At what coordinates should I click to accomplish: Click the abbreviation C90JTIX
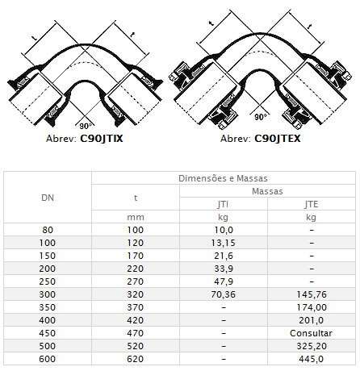[102, 139]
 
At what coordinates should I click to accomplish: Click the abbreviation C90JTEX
[278, 139]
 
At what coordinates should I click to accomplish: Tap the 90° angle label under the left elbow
[86, 126]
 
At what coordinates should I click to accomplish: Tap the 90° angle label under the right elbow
[261, 117]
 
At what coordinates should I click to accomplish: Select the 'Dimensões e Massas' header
[223, 178]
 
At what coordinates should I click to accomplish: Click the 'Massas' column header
[267, 191]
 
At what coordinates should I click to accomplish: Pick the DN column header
[48, 198]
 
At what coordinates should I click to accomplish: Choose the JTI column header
[223, 204]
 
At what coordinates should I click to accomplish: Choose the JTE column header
[312, 204]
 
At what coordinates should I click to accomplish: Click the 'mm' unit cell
[136, 217]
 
